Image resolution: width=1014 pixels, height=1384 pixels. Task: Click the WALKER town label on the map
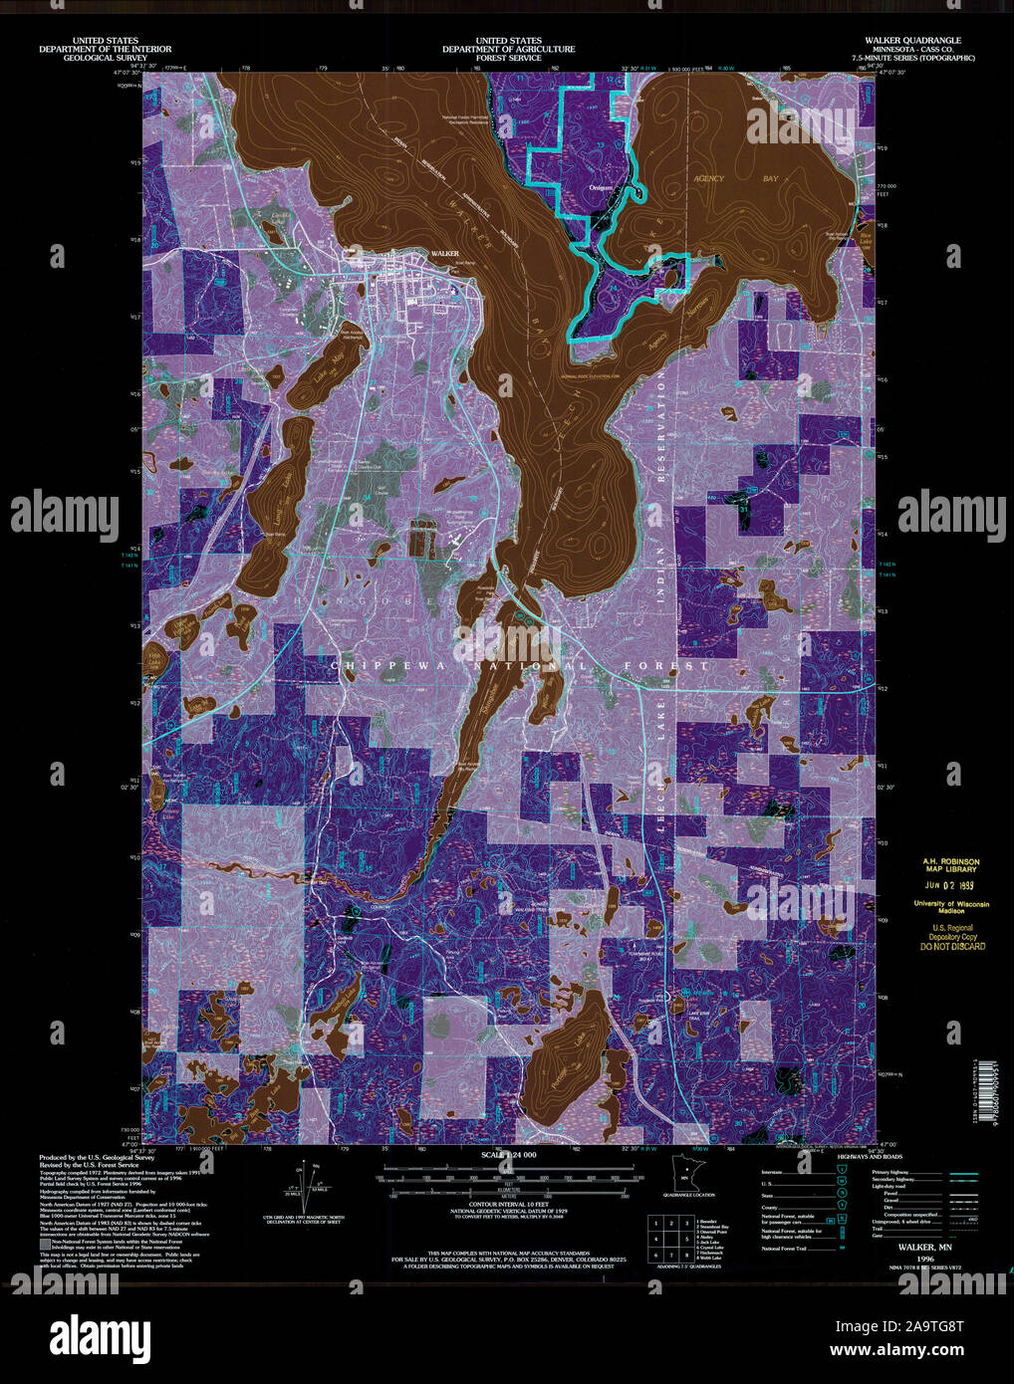coord(444,254)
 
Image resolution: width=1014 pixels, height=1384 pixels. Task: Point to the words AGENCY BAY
coord(735,178)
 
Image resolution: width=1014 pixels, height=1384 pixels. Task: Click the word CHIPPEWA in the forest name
coord(379,665)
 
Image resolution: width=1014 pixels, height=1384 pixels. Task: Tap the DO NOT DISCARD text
coord(952,946)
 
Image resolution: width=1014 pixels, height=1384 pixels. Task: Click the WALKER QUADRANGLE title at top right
coord(913,41)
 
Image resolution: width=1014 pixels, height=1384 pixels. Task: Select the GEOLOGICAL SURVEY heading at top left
coord(105,58)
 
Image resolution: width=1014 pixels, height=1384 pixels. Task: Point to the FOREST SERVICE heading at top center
coord(508,58)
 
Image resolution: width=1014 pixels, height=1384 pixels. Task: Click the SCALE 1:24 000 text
coord(508,1154)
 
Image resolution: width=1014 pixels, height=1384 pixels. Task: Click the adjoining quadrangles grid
coord(670,1239)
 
